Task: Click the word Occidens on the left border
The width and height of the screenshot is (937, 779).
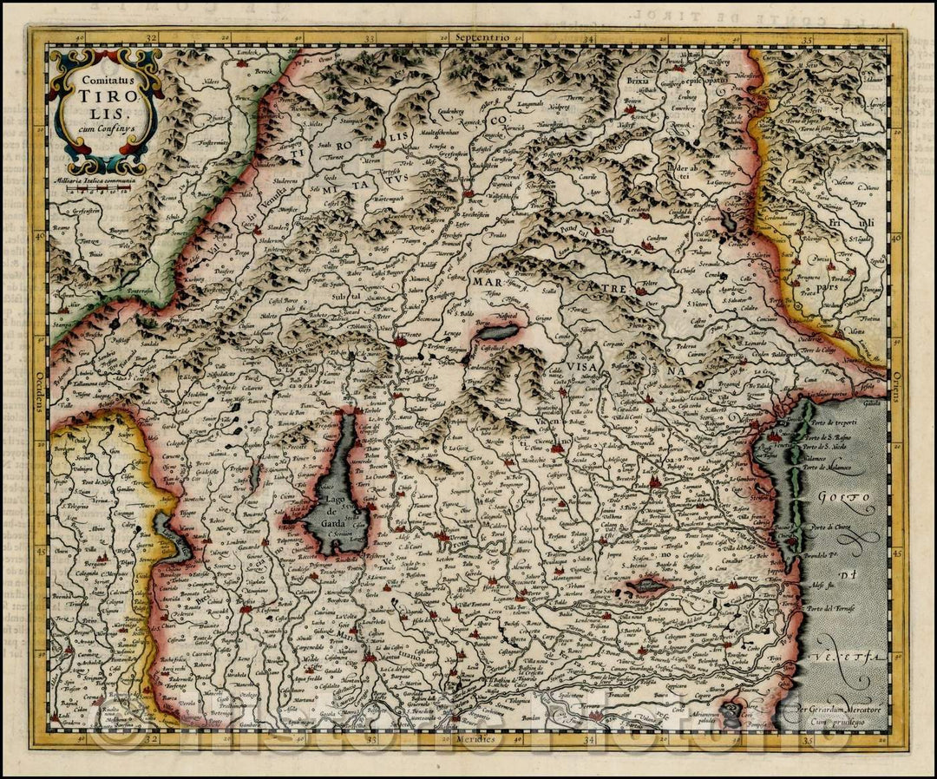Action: pyautogui.click(x=40, y=385)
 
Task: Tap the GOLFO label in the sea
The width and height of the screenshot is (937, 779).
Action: pyautogui.click(x=844, y=500)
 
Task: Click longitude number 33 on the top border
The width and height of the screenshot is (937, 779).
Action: pyautogui.click(x=370, y=38)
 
